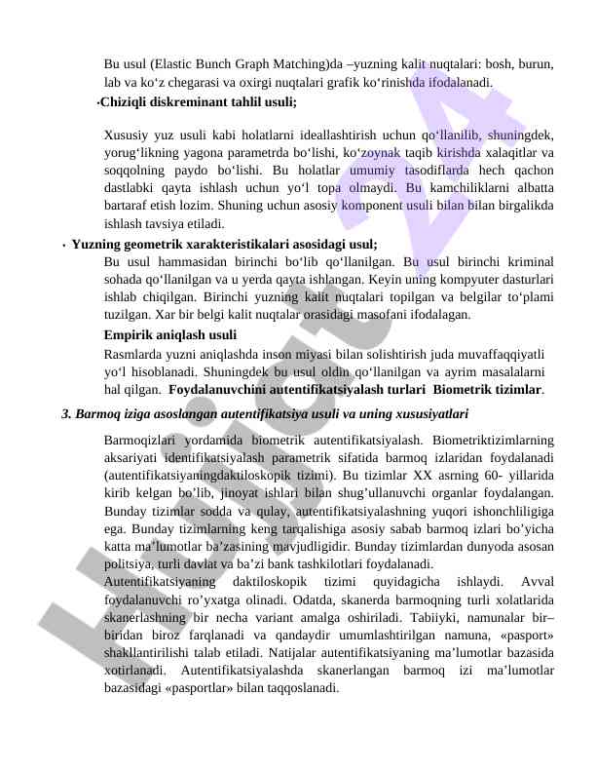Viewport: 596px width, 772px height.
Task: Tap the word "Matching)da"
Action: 307,65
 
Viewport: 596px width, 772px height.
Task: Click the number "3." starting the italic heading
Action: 67,413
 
